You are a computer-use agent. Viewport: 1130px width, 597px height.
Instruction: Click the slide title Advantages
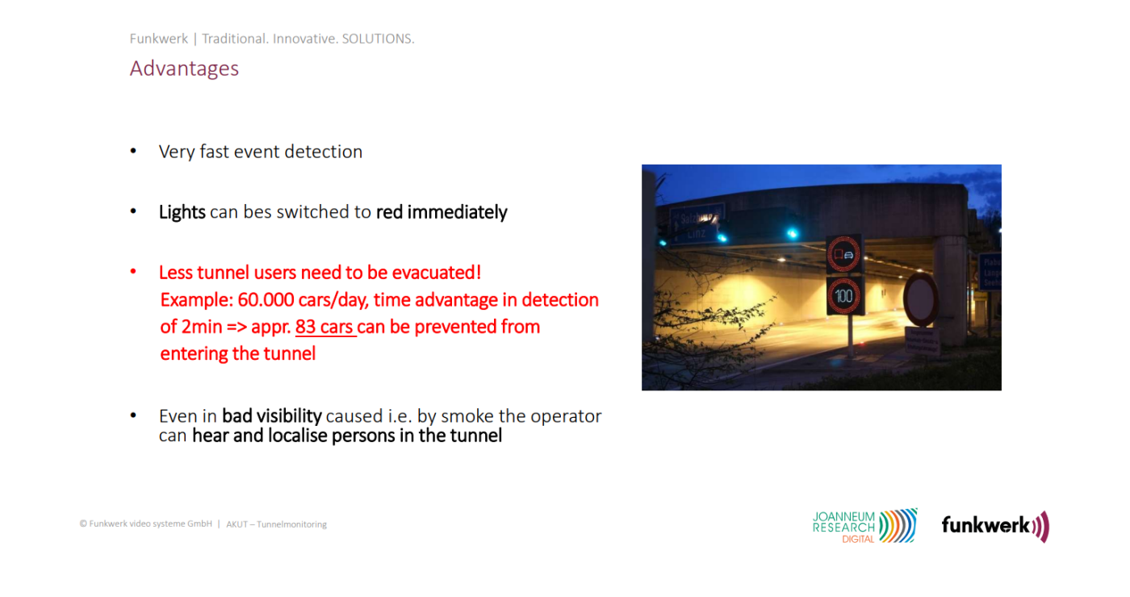(x=184, y=69)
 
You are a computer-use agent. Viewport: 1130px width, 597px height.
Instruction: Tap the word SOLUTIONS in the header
(x=378, y=39)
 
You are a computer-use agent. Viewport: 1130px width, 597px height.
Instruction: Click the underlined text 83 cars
(x=324, y=327)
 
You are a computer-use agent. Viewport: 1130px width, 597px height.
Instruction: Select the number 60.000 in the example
(x=266, y=300)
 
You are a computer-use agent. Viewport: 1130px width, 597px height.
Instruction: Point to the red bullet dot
(x=133, y=272)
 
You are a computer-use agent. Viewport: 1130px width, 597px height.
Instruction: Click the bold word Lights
(x=182, y=212)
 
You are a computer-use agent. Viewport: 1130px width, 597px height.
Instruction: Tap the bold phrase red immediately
(x=442, y=212)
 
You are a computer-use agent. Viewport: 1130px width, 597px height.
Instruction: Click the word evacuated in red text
(x=437, y=273)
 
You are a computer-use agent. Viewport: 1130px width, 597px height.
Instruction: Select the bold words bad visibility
(x=272, y=416)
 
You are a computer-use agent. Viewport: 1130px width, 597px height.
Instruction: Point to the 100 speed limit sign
(x=843, y=296)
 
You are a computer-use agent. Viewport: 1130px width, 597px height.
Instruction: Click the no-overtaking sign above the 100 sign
(x=843, y=254)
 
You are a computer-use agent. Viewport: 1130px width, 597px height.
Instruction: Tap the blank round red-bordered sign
(x=921, y=299)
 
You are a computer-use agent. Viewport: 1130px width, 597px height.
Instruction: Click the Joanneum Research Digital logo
(x=864, y=526)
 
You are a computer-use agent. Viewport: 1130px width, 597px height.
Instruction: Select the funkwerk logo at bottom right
(x=995, y=526)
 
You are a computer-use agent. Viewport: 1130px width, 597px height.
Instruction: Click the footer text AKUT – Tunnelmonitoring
(x=276, y=524)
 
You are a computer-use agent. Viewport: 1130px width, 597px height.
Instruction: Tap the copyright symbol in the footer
(x=83, y=524)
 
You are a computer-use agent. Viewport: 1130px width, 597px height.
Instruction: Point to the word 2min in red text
(x=201, y=327)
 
